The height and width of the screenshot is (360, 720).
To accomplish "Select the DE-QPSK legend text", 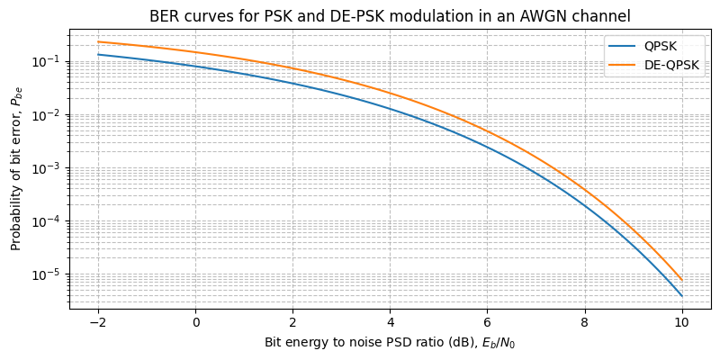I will pyautogui.click(x=671, y=66).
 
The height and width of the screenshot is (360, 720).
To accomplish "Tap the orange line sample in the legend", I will pyautogui.click(x=622, y=66).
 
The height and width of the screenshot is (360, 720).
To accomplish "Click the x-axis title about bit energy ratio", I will pyautogui.click(x=389, y=343).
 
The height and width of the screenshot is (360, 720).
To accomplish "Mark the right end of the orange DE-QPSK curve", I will pyautogui.click(x=681, y=280).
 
